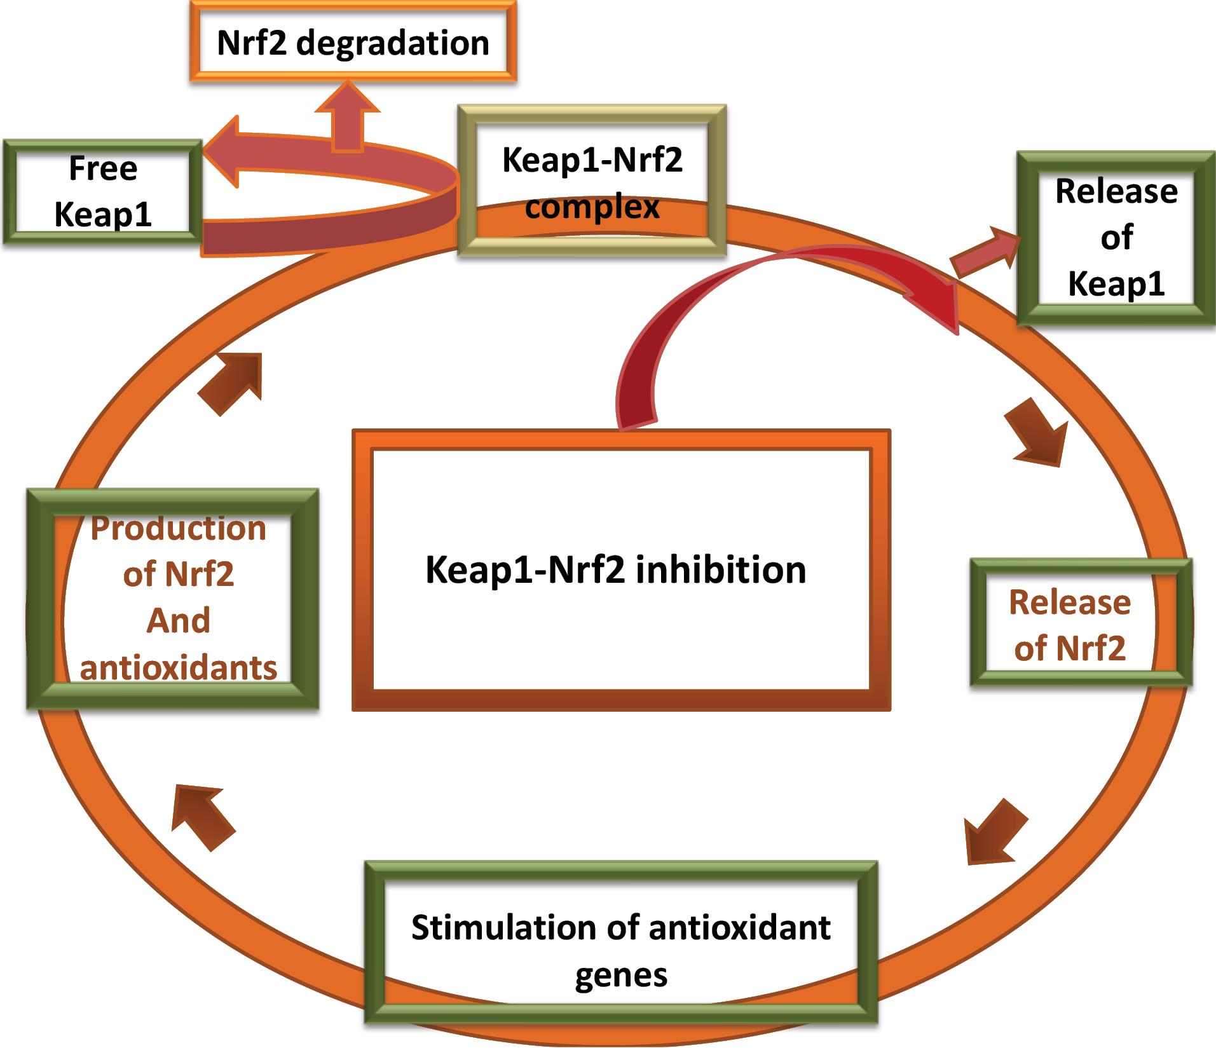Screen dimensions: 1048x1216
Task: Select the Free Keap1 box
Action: pyautogui.click(x=102, y=191)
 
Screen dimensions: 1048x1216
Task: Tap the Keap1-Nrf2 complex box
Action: pyautogui.click(x=592, y=182)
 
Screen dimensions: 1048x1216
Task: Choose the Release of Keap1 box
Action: pyautogui.click(x=1116, y=238)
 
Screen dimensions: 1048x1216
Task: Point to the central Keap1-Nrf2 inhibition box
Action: pyautogui.click(x=620, y=569)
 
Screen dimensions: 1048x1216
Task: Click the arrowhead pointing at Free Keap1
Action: pyautogui.click(x=222, y=153)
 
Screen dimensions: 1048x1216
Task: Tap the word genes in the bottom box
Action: pyautogui.click(x=621, y=975)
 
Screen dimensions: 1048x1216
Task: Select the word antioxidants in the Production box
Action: pyautogui.click(x=179, y=667)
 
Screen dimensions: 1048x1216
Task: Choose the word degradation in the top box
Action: pyautogui.click(x=392, y=43)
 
